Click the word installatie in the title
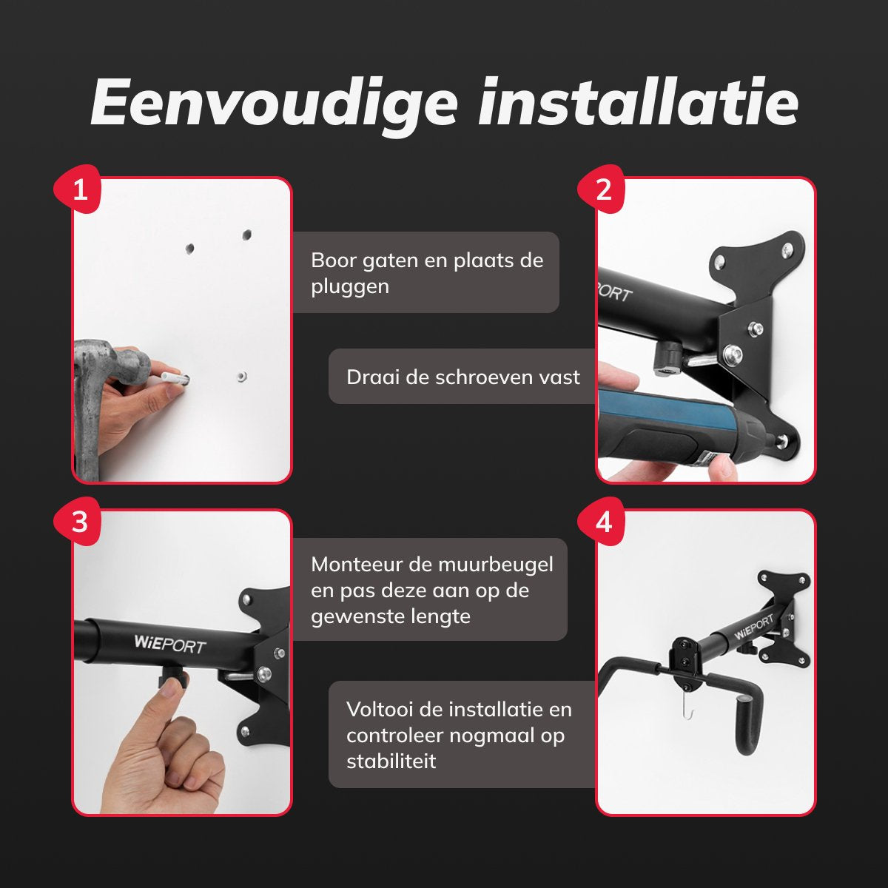(638, 102)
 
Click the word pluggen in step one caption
(350, 288)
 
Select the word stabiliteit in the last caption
(391, 761)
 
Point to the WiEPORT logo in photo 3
(169, 645)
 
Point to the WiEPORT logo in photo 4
(753, 628)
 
